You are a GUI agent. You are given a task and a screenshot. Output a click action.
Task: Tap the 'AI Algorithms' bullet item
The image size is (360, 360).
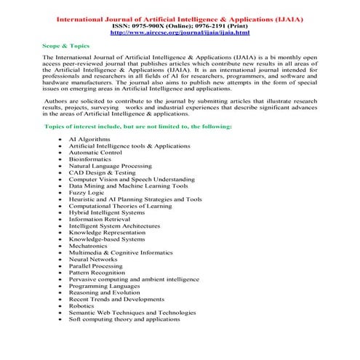click(x=90, y=137)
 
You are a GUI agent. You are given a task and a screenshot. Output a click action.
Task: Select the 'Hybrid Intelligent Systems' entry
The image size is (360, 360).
click(x=107, y=212)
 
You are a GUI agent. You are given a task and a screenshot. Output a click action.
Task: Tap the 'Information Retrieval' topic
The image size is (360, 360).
click(x=101, y=218)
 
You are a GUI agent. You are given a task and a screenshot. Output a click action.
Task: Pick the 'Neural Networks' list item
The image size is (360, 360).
click(x=93, y=259)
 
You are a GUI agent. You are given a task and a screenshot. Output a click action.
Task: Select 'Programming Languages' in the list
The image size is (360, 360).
click(x=103, y=286)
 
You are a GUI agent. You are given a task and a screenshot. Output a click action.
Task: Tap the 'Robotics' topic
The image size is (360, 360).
click(x=82, y=306)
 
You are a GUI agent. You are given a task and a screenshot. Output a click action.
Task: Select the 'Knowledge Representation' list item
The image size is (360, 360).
click(x=108, y=232)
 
